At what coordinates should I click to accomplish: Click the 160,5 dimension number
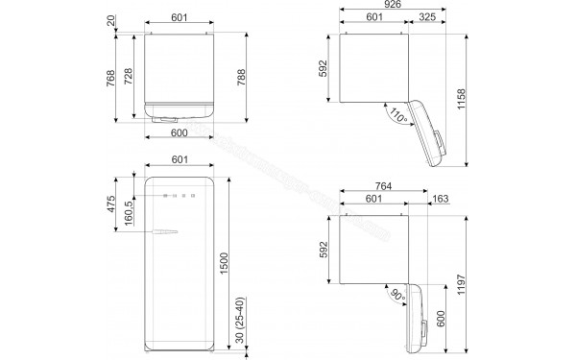[130, 217]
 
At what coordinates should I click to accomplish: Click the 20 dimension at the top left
[111, 18]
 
